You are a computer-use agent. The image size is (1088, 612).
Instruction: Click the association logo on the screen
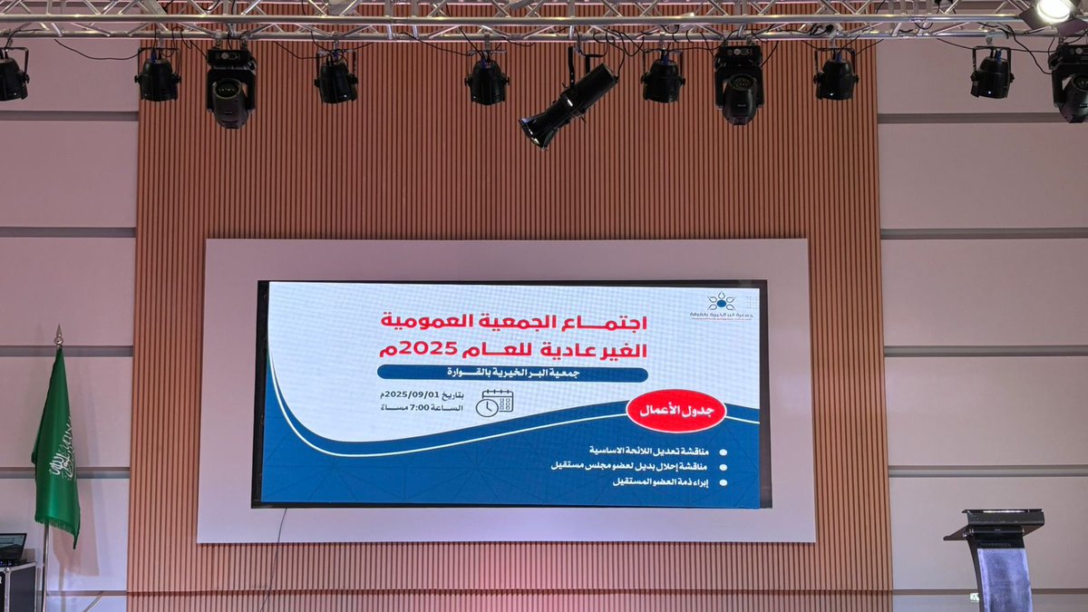[721, 305]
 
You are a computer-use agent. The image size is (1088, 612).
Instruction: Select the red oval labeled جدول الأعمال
[675, 411]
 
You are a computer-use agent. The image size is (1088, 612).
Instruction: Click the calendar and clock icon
[494, 403]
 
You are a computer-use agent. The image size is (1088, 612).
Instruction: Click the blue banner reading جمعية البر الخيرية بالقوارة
[512, 374]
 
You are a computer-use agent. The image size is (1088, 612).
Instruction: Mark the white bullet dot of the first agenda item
[723, 451]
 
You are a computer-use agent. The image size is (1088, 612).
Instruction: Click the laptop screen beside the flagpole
[12, 546]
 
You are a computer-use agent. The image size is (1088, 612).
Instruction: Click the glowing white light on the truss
[1054, 10]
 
